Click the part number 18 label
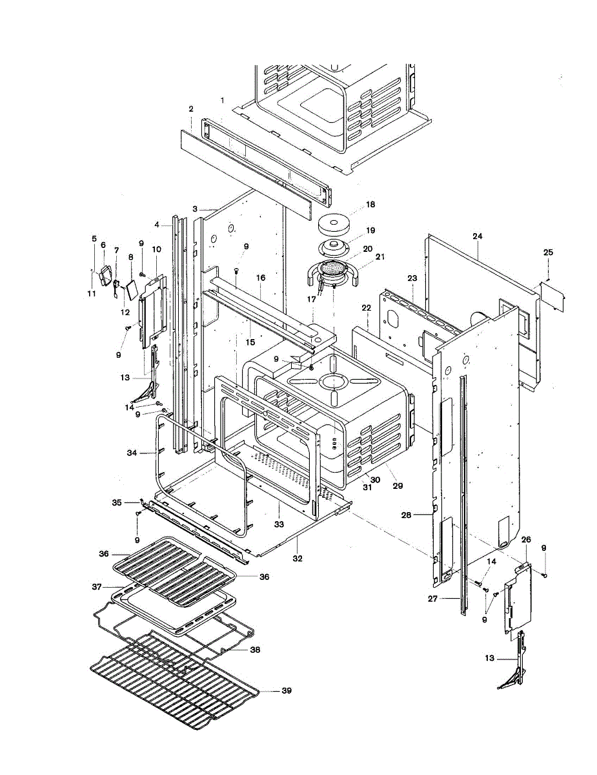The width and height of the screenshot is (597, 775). click(370, 204)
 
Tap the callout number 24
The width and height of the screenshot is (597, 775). click(477, 236)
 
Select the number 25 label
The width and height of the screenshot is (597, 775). click(548, 252)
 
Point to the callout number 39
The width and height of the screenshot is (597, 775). click(287, 691)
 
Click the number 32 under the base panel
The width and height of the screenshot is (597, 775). click(298, 557)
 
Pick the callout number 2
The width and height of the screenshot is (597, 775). click(191, 109)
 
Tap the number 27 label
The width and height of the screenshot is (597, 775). click(432, 599)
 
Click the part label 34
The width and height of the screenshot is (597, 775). click(132, 453)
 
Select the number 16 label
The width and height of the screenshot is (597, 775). click(261, 277)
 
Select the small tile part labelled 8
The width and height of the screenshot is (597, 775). click(130, 288)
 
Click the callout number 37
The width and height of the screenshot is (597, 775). click(97, 586)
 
